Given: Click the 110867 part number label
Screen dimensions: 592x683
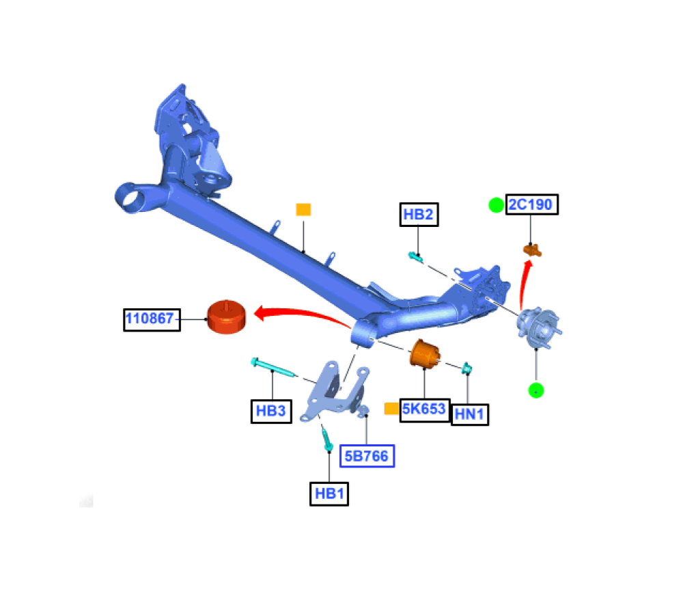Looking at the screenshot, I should tap(152, 319).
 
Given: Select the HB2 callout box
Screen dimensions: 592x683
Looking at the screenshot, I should tap(419, 215).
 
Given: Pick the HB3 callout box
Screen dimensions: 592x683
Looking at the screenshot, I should tap(270, 411).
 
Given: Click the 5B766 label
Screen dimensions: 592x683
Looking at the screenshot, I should tap(367, 455).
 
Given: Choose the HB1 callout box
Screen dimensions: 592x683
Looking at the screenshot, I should tap(329, 494).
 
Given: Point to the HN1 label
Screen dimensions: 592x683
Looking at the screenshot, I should tap(470, 414).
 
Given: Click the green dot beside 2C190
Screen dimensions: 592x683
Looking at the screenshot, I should tap(496, 204).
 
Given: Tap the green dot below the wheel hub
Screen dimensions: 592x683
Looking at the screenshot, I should tap(536, 391).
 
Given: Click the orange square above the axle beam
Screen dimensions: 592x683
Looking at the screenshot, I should tap(303, 209).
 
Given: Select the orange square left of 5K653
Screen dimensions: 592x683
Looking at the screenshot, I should tap(391, 409).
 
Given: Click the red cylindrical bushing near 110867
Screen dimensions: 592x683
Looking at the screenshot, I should tap(226, 317).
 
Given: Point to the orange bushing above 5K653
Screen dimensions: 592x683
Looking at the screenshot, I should tap(425, 353).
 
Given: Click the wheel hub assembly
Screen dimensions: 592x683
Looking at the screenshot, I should tap(537, 327).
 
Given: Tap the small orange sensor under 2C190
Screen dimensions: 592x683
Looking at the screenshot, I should tap(531, 250).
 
